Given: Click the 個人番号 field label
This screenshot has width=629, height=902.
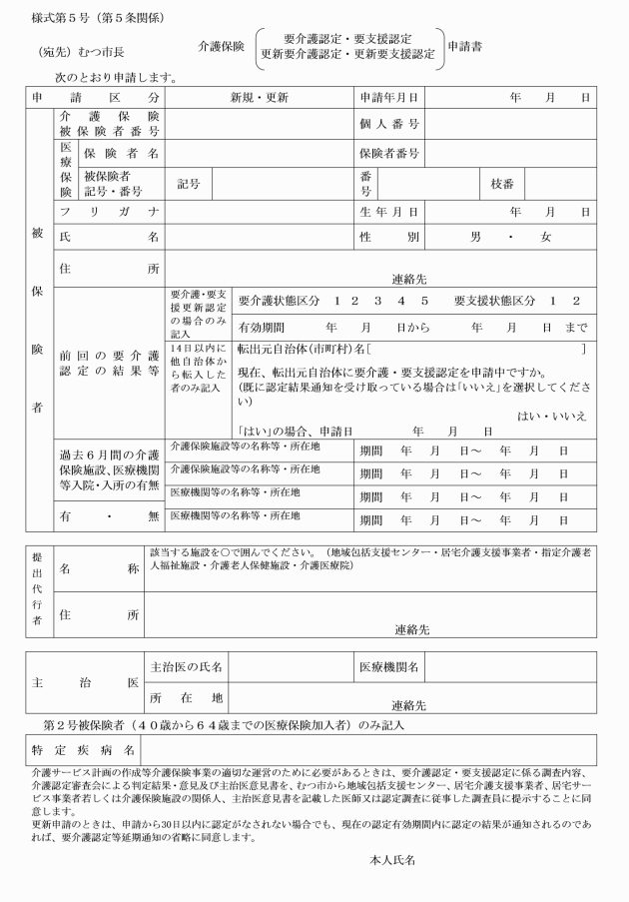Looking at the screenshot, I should coord(388,125).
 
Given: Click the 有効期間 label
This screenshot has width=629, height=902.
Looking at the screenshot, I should coord(263,327).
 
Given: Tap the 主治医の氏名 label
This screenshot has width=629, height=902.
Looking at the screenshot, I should coord(186,666).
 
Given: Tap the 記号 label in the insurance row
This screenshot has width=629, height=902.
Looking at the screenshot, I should coord(189,183).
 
